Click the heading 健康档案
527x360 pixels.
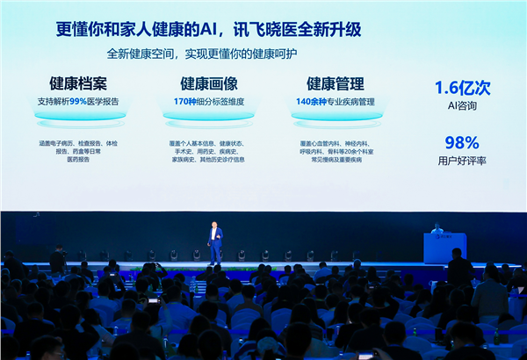pos(78,84)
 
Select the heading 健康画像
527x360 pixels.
pos(209,84)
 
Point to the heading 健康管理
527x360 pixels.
pos(335,84)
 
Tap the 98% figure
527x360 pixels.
pos(461,142)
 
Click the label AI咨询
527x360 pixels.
pos(461,105)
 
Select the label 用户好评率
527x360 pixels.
pos(462,161)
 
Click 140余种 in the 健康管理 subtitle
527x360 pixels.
pos(311,102)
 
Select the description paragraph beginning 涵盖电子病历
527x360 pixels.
pos(78,151)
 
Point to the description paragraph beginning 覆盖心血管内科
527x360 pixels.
pos(335,151)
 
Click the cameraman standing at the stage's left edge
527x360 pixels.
pos(58,258)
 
